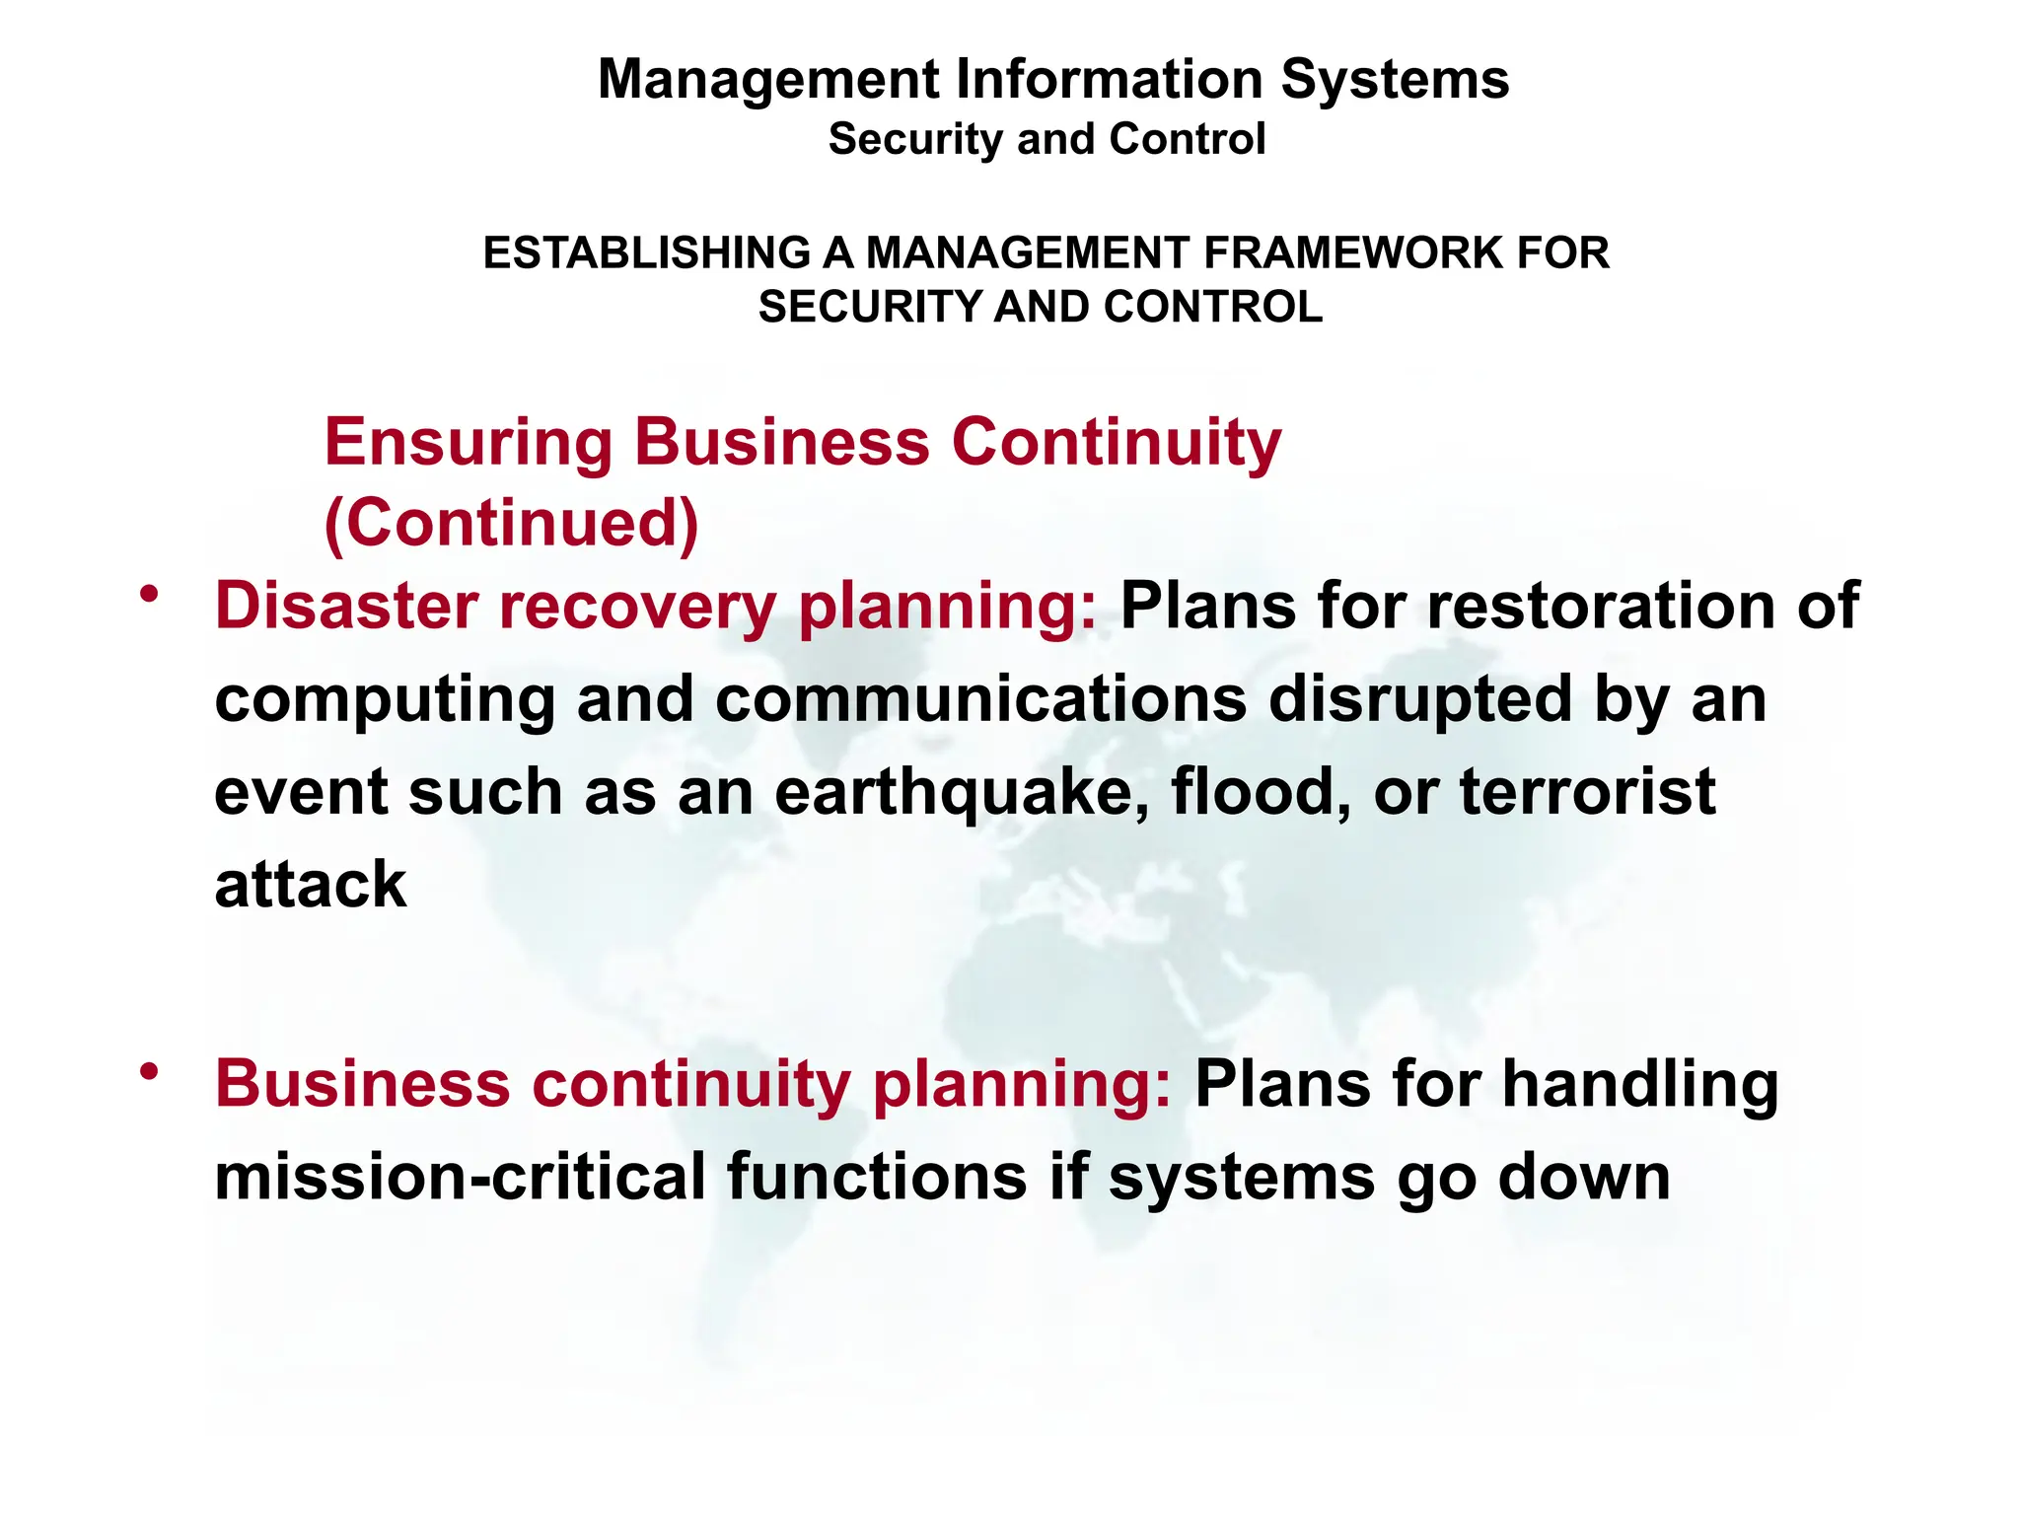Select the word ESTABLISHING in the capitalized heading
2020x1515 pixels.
pos(647,253)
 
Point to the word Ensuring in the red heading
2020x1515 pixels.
pos(468,443)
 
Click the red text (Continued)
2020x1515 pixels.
pos(511,523)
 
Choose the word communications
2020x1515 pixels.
pos(980,698)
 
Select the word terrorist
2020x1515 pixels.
pos(1587,791)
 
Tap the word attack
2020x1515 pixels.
pos(310,885)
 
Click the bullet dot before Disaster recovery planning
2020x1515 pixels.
pos(149,594)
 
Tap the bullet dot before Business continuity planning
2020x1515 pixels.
pos(149,1072)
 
